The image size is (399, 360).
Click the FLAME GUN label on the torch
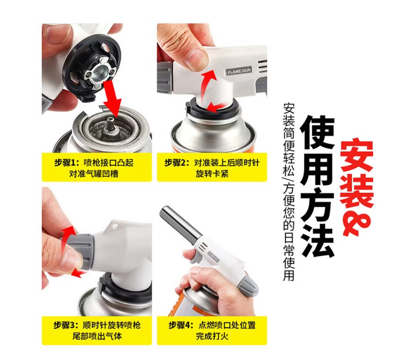[x=239, y=71]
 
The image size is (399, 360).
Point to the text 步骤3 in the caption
[x=65, y=325]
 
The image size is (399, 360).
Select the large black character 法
[x=317, y=242]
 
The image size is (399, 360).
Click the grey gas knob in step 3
[x=82, y=252]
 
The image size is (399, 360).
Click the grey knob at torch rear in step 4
[x=248, y=286]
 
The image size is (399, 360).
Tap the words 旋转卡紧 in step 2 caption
[x=212, y=174]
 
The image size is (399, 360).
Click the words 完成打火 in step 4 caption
[x=212, y=336]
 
